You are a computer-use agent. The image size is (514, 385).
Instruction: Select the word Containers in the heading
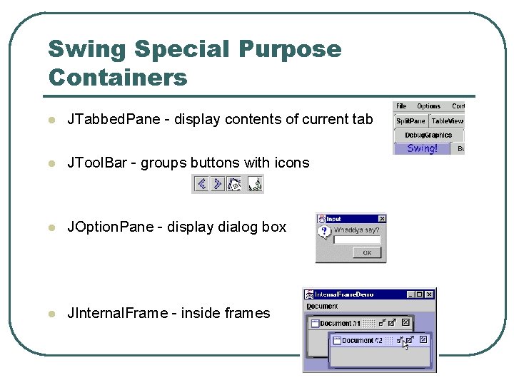click(x=117, y=77)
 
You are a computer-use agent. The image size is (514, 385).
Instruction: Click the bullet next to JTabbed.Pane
click(x=50, y=120)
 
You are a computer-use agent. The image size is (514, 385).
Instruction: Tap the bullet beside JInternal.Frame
click(x=50, y=314)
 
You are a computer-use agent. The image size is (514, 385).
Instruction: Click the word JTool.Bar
click(x=99, y=163)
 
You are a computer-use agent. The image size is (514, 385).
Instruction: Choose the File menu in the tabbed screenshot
click(x=401, y=106)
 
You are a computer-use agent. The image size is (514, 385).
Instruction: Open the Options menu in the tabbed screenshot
click(x=428, y=106)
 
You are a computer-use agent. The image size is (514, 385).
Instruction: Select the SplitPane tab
click(x=410, y=121)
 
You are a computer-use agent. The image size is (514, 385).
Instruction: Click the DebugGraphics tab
click(x=428, y=135)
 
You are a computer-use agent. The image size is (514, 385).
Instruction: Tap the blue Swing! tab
click(x=422, y=148)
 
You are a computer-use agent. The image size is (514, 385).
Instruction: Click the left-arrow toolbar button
click(x=201, y=184)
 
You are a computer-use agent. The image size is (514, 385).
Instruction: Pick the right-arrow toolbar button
click(x=218, y=184)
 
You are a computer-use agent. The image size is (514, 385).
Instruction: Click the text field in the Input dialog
click(x=358, y=240)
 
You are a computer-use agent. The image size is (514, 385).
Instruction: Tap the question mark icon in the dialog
click(x=326, y=232)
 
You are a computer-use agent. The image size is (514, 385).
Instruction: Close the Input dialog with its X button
click(x=381, y=219)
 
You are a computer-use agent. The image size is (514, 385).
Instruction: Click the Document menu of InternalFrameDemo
click(x=322, y=307)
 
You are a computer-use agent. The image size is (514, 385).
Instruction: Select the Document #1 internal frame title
click(x=341, y=323)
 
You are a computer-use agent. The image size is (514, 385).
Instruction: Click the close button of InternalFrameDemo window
click(x=430, y=294)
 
